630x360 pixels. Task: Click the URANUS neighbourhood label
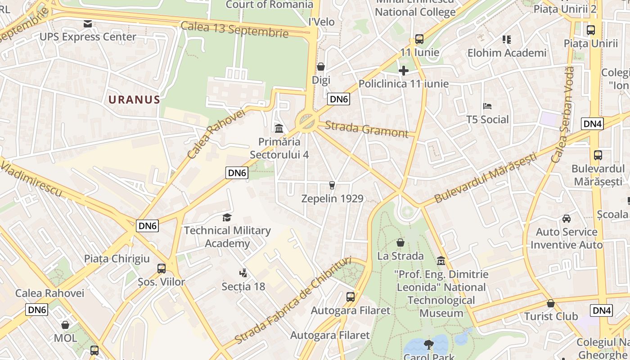click(134, 99)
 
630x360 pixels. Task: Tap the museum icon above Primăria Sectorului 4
click(279, 129)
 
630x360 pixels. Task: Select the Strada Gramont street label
click(366, 129)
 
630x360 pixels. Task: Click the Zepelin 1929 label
click(332, 198)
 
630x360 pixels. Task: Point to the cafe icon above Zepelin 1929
click(332, 185)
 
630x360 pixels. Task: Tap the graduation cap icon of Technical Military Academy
click(227, 218)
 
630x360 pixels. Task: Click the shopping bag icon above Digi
click(321, 67)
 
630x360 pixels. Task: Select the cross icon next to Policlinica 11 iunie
click(404, 71)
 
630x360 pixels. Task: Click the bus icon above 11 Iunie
click(419, 39)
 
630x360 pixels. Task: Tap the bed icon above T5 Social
click(487, 106)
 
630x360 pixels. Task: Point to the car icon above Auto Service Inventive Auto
click(567, 219)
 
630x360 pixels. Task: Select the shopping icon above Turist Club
click(550, 303)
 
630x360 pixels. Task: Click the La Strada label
click(400, 256)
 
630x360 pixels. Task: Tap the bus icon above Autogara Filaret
click(351, 297)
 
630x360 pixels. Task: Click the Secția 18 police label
click(243, 287)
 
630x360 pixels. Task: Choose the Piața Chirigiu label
click(117, 259)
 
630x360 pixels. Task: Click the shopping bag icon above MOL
click(65, 324)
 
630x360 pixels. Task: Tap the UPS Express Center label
click(88, 37)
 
